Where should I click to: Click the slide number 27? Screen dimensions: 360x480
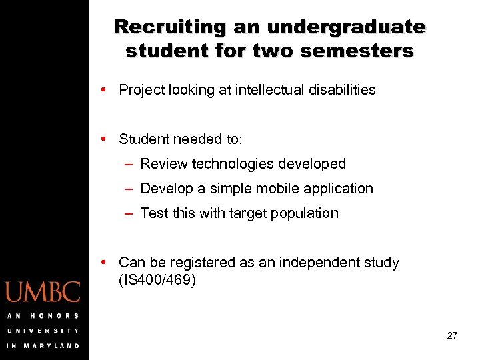pyautogui.click(x=452, y=335)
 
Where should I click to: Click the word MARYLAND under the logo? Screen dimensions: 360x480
pyautogui.click(x=52, y=346)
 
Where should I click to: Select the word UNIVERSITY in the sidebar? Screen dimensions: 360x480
pyautogui.click(x=43, y=331)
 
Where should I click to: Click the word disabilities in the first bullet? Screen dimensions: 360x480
pyautogui.click(x=342, y=90)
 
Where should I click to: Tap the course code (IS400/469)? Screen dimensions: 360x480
pyautogui.click(x=157, y=280)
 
